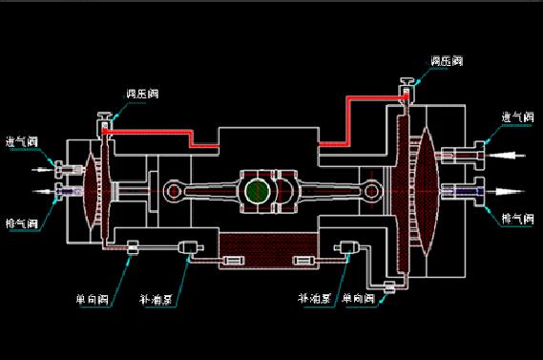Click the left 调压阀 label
click(142, 94)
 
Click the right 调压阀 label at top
click(446, 60)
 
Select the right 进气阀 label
click(518, 117)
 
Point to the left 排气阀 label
click(21, 224)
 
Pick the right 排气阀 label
click(518, 219)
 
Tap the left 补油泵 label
click(157, 299)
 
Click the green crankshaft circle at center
click(256, 191)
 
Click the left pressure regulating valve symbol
click(103, 122)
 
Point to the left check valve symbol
click(132, 249)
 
